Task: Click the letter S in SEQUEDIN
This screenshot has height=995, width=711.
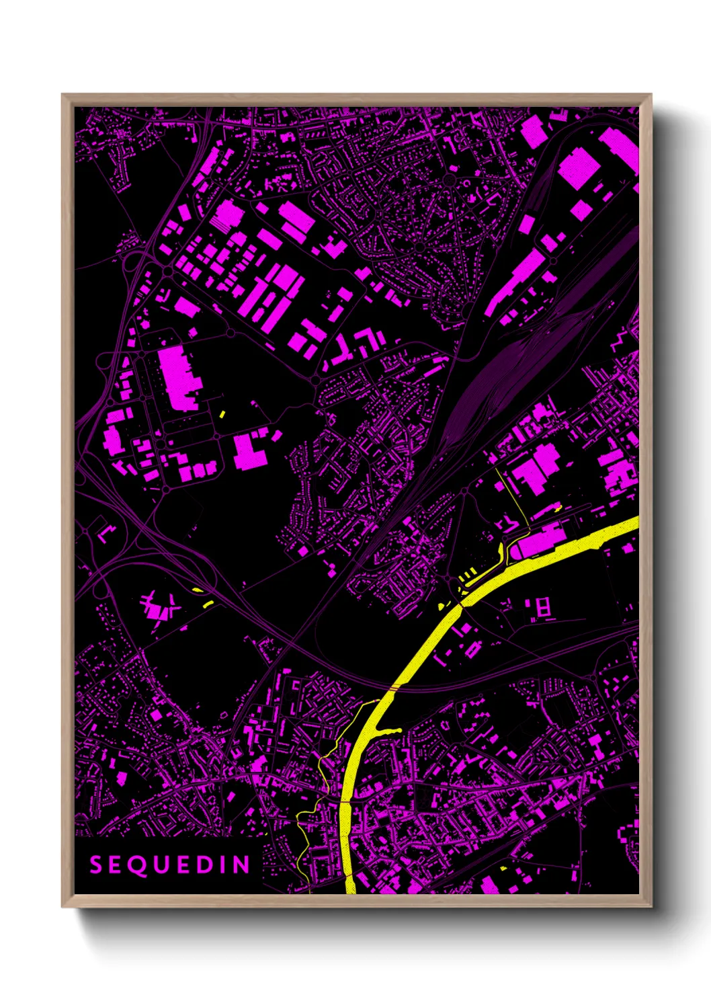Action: click(x=95, y=865)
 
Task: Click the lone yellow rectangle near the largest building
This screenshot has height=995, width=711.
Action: click(x=222, y=414)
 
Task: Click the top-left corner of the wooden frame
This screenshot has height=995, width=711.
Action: click(x=62, y=95)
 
